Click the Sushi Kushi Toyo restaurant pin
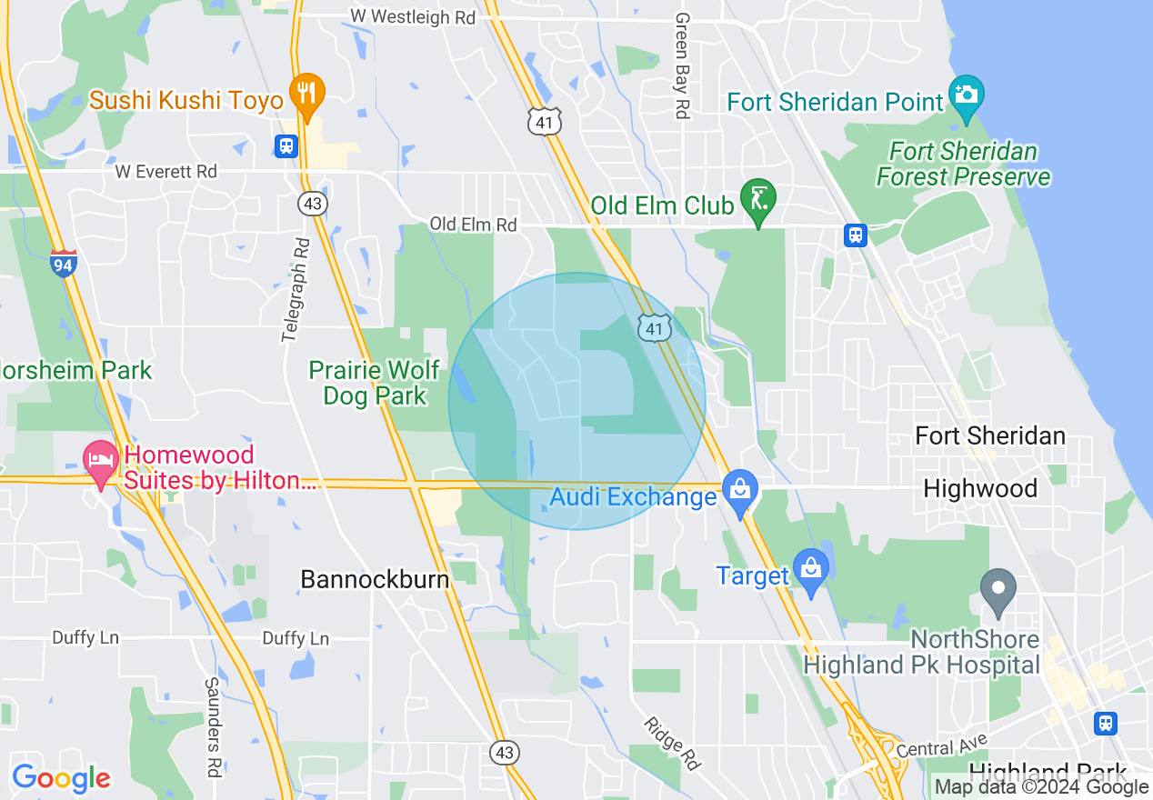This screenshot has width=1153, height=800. click(307, 95)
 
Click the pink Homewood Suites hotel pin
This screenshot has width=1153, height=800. click(100, 461)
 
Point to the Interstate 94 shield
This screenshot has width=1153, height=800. click(64, 263)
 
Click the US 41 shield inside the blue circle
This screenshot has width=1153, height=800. click(655, 328)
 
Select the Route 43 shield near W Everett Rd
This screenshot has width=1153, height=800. click(314, 204)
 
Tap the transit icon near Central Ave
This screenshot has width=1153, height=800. click(1106, 722)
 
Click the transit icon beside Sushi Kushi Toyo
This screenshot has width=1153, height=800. click(286, 145)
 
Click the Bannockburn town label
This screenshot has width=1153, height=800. click(375, 579)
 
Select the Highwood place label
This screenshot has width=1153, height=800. click(979, 489)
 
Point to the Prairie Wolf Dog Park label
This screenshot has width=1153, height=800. click(375, 383)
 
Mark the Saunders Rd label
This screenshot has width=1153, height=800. click(213, 727)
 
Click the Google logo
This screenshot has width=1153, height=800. click(61, 778)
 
